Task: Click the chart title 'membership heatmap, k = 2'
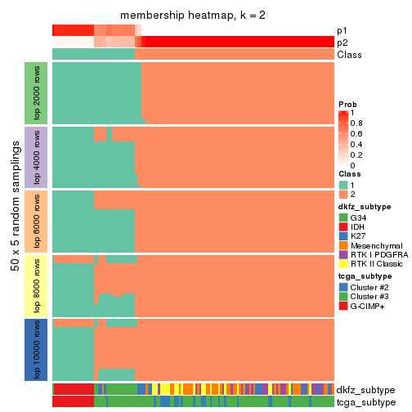point(192,16)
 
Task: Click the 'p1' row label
point(342,31)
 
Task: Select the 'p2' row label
point(342,43)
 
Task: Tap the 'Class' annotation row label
point(349,55)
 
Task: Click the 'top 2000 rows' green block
point(36,93)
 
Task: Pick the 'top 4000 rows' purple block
point(36,157)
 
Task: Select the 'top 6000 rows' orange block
point(36,222)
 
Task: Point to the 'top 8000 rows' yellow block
point(36,285)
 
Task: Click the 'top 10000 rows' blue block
point(36,349)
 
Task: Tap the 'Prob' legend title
point(349,105)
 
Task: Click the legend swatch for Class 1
point(343,184)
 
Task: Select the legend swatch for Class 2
point(343,195)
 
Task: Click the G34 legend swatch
point(343,217)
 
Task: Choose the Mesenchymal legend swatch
point(343,244)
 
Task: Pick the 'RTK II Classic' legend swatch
point(343,265)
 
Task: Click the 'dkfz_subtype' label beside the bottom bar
point(365,390)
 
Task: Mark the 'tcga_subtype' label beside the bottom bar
point(365,402)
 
